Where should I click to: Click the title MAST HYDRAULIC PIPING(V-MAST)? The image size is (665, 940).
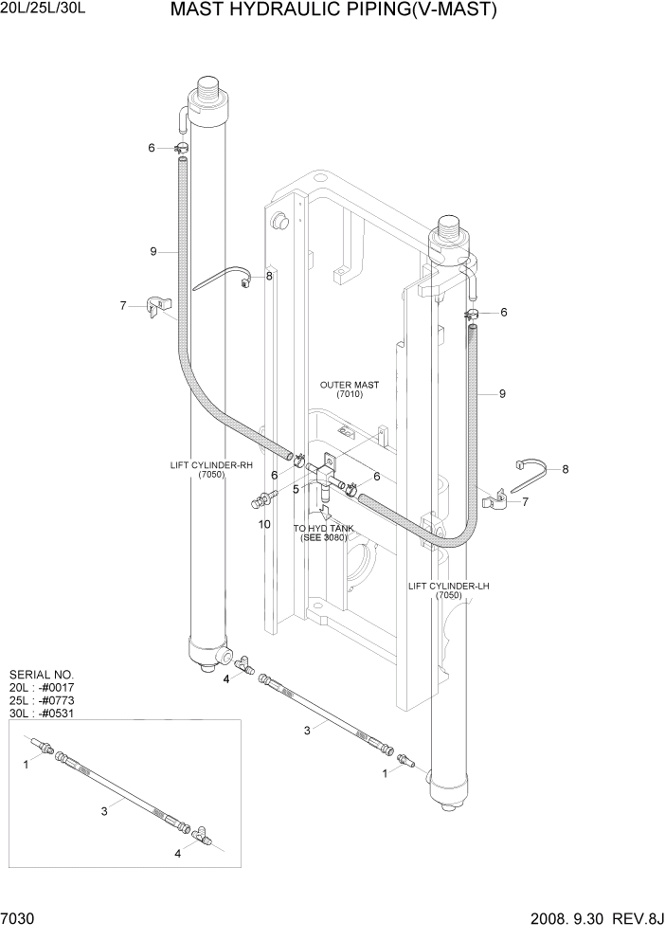pyautogui.click(x=333, y=10)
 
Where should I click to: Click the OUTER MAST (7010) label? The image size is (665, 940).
pyautogui.click(x=349, y=389)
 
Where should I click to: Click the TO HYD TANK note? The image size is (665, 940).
pyautogui.click(x=323, y=533)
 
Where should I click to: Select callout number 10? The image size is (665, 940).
pyautogui.click(x=264, y=523)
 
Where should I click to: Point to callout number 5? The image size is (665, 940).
pyautogui.click(x=295, y=489)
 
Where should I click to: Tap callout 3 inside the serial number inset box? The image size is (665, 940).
pyautogui.click(x=104, y=810)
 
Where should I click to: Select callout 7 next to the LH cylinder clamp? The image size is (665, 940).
pyautogui.click(x=526, y=501)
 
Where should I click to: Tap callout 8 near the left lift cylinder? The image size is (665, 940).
pyautogui.click(x=269, y=276)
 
